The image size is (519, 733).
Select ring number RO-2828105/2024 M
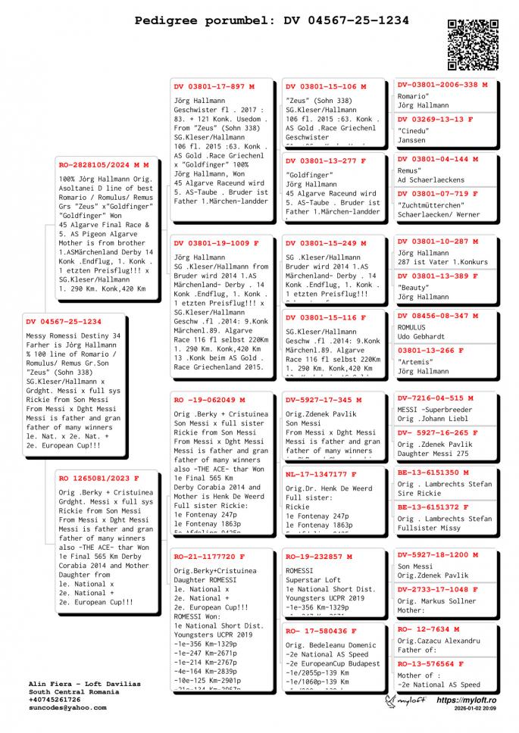tap(104, 164)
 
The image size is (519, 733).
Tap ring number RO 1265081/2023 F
tap(98, 479)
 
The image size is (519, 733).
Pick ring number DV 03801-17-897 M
tap(214, 87)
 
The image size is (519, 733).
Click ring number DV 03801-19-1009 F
tap(217, 243)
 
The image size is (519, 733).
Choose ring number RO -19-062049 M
tap(209, 400)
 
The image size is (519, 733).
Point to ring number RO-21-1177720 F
tap(209, 557)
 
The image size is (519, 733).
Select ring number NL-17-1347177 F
tap(321, 474)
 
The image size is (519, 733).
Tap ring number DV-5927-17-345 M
tap(324, 400)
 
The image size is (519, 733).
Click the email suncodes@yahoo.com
tap(67, 707)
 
